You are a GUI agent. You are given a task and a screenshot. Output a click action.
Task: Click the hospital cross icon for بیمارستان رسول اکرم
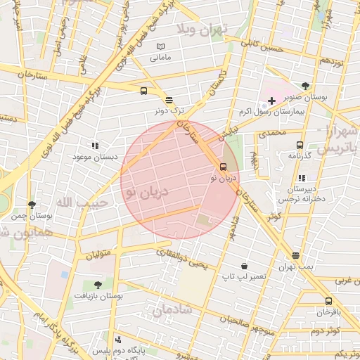tap(271, 101)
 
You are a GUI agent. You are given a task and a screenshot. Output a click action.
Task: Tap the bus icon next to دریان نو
tap(224, 167)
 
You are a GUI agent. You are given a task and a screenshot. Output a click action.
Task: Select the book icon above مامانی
tap(160, 46)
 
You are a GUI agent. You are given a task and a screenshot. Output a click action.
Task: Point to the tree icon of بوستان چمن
tap(32, 205)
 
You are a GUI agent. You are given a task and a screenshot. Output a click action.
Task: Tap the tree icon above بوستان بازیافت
tap(98, 284)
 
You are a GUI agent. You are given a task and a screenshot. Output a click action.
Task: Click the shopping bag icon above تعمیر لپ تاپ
tap(244, 266)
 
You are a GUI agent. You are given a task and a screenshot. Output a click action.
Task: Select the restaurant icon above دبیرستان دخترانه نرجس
tap(300, 178)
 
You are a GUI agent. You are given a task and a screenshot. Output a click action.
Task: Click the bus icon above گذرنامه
tap(300, 144)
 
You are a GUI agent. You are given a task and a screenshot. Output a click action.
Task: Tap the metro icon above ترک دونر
tap(168, 99)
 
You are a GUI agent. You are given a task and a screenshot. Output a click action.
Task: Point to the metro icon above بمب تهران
tap(295, 256)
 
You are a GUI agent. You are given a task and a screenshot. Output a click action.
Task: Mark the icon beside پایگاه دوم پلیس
tap(108, 339)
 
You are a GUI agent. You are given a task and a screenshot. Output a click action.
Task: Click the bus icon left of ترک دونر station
tap(143, 91)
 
